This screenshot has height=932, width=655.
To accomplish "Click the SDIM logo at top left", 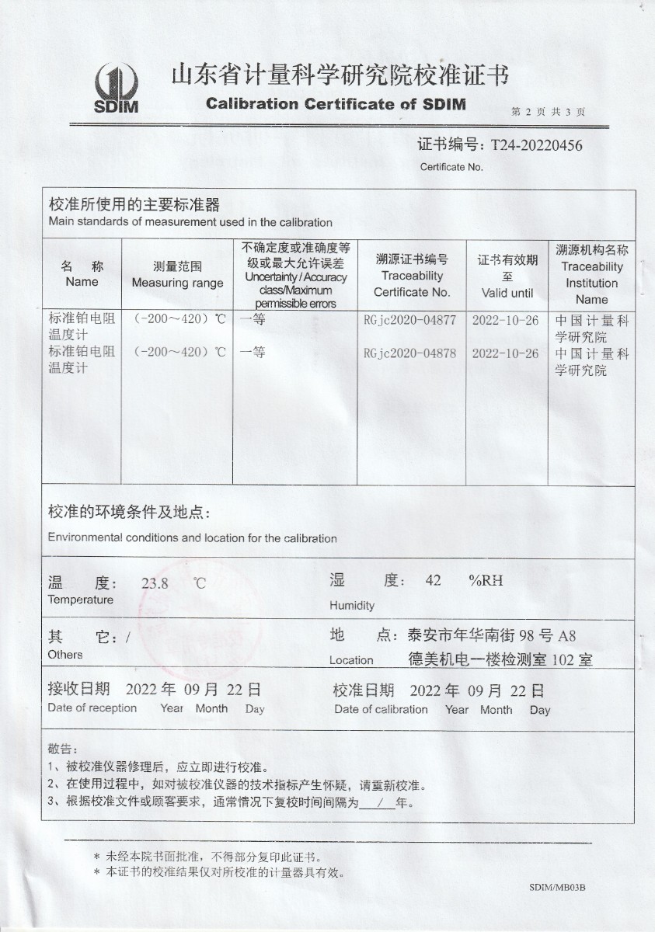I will pyautogui.click(x=116, y=86).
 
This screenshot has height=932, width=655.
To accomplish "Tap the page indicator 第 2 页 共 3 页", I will pyautogui.click(x=549, y=112).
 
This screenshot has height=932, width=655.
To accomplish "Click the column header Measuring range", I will pyautogui.click(x=177, y=283).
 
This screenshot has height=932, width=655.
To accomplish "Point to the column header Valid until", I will pyautogui.click(x=507, y=293).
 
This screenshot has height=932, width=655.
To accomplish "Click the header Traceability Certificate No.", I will pyautogui.click(x=412, y=283).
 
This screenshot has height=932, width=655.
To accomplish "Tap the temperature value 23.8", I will pyautogui.click(x=155, y=584).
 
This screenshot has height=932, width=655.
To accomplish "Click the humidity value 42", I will pyautogui.click(x=434, y=581).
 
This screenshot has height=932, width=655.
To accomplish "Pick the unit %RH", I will pyautogui.click(x=486, y=581).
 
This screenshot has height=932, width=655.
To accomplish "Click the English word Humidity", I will pyautogui.click(x=352, y=605).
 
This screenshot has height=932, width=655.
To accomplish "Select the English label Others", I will pyautogui.click(x=65, y=654).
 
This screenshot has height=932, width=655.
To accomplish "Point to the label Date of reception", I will pyautogui.click(x=92, y=708).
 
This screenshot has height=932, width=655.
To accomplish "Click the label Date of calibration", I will pyautogui.click(x=381, y=709).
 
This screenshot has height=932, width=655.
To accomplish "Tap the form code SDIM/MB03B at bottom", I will pyautogui.click(x=557, y=886).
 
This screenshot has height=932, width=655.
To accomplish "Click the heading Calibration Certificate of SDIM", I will pyautogui.click(x=336, y=103).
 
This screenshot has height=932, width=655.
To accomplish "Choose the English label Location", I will pyautogui.click(x=351, y=660).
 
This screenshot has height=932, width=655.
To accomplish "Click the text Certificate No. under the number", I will pyautogui.click(x=451, y=166).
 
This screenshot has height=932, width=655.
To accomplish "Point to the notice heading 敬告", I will pyautogui.click(x=64, y=749).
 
